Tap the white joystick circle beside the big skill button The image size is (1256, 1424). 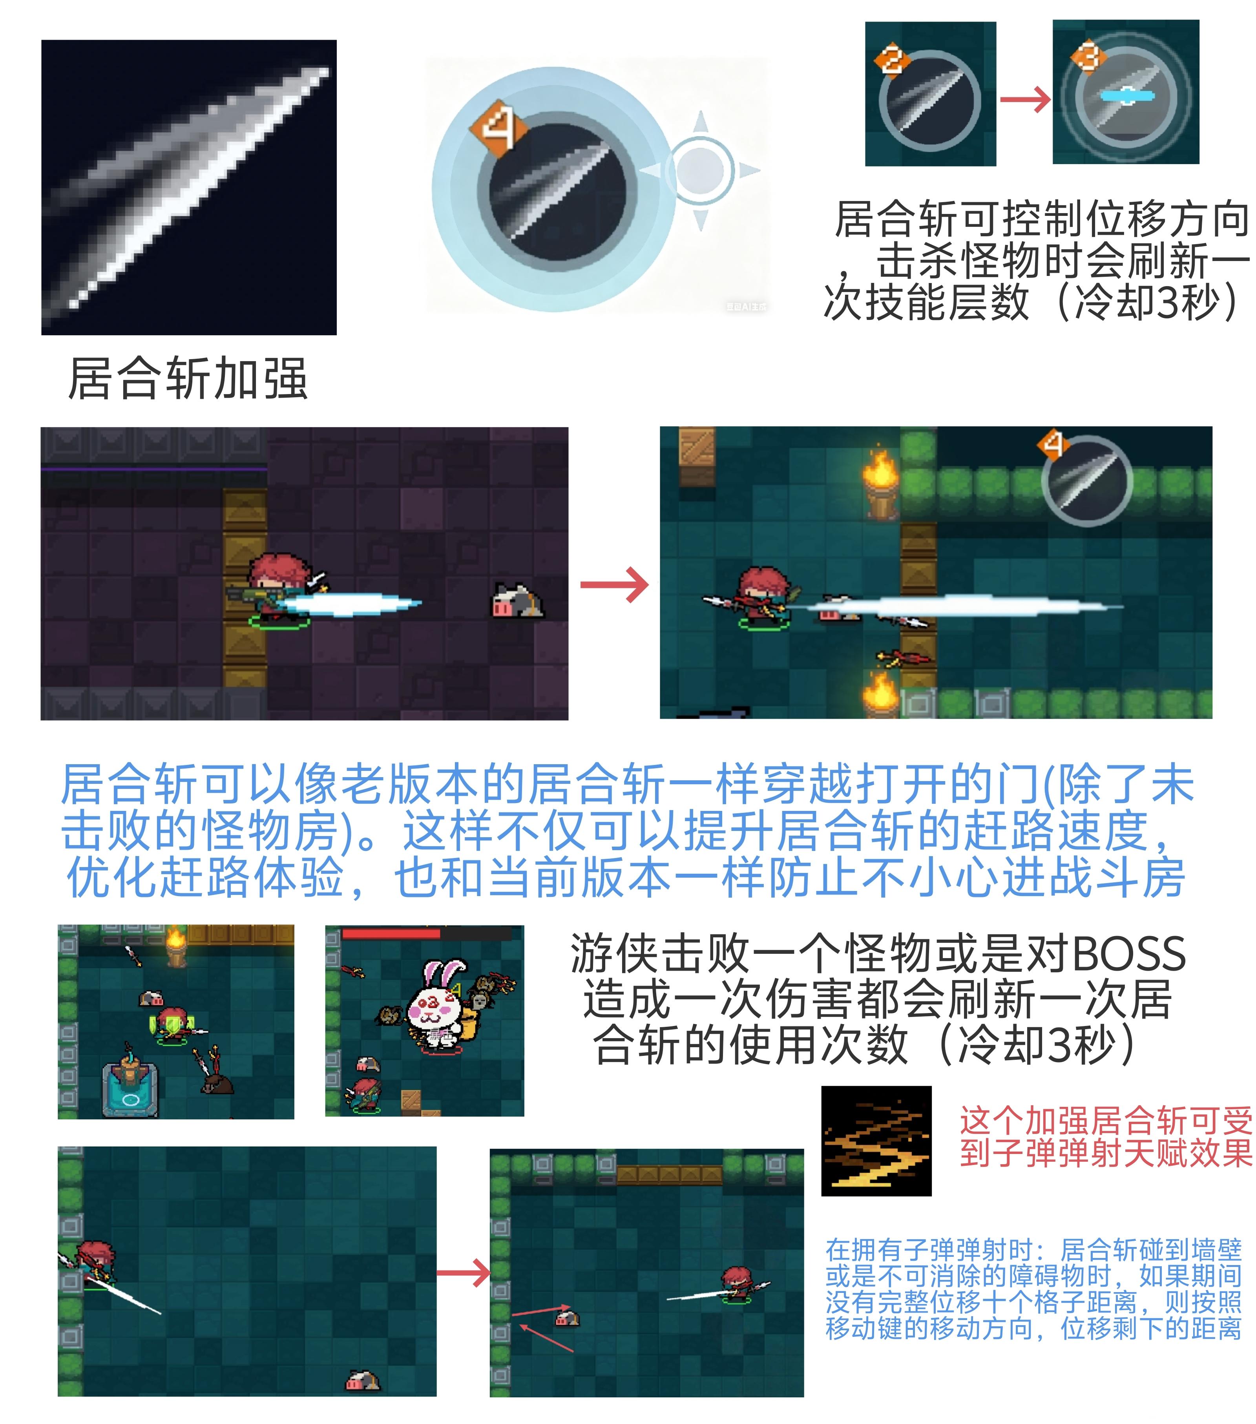(x=701, y=170)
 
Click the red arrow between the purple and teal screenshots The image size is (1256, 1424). (x=614, y=584)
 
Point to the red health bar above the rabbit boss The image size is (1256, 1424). (x=391, y=933)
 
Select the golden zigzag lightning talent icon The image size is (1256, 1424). (x=876, y=1141)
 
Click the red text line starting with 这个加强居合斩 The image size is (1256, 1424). (x=1106, y=1121)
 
